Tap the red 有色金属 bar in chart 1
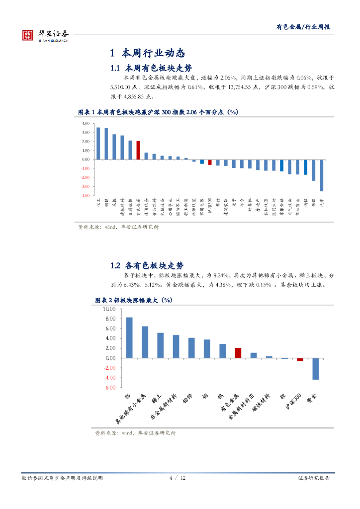[x=138, y=150]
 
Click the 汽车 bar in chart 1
[x=321, y=175]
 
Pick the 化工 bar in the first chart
[x=98, y=144]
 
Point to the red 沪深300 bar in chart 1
[x=210, y=162]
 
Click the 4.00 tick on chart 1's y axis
[x=86, y=123]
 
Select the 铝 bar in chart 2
[x=129, y=338]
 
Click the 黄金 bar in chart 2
[x=315, y=369]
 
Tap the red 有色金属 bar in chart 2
[x=238, y=353]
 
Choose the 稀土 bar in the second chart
[x=160, y=345]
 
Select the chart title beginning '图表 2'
[x=133, y=300]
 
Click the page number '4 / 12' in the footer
[x=178, y=478]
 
